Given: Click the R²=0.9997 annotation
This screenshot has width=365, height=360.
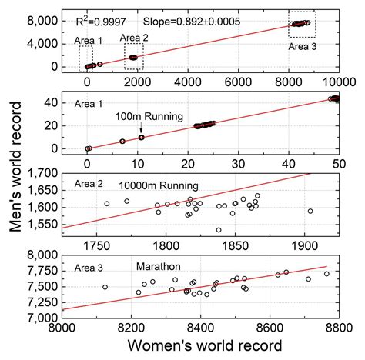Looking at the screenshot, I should (x=96, y=15).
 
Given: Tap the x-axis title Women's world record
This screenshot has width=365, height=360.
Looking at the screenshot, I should (x=203, y=342).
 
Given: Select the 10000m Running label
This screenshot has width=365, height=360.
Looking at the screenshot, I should (x=158, y=185).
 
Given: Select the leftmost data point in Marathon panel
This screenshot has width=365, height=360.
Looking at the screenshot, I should (x=105, y=287).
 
